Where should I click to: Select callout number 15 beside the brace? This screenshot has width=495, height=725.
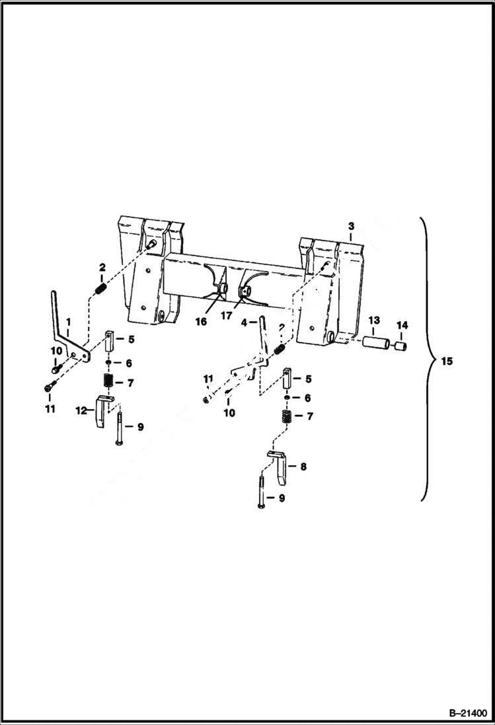pyautogui.click(x=447, y=362)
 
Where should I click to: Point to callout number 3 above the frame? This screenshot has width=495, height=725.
pyautogui.click(x=351, y=226)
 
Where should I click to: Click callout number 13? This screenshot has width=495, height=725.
pyautogui.click(x=374, y=320)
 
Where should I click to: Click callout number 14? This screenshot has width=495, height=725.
pyautogui.click(x=402, y=325)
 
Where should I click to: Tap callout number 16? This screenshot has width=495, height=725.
pyautogui.click(x=201, y=321)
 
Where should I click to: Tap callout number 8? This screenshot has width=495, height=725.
pyautogui.click(x=303, y=467)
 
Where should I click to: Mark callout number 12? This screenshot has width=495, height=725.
pyautogui.click(x=81, y=410)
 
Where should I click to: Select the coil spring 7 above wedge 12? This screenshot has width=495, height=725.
pyautogui.click(x=108, y=382)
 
